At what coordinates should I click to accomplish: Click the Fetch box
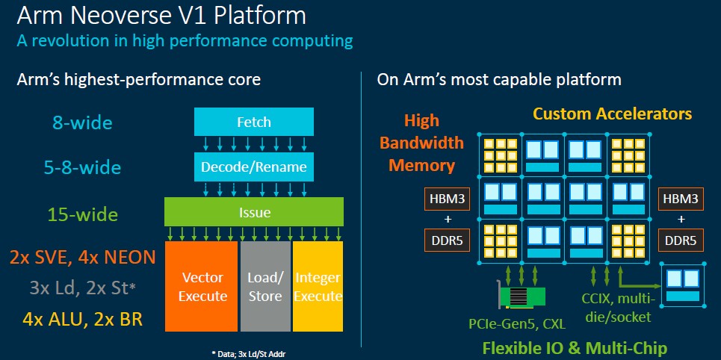pyautogui.click(x=254, y=122)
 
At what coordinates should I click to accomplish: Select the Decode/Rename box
pyautogui.click(x=254, y=167)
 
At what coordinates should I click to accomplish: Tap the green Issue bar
pyautogui.click(x=254, y=212)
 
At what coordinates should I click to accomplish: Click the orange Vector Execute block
pyautogui.click(x=202, y=286)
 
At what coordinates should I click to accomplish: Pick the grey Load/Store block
pyautogui.click(x=265, y=286)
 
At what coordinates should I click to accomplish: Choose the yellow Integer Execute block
pyautogui.click(x=318, y=286)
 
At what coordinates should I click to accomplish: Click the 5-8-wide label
pyautogui.click(x=82, y=168)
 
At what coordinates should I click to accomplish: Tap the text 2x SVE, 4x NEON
pyautogui.click(x=82, y=258)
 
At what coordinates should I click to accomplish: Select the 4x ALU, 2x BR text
pyautogui.click(x=82, y=320)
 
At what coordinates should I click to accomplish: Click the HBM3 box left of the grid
pyautogui.click(x=447, y=199)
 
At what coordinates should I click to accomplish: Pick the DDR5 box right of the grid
pyautogui.click(x=681, y=240)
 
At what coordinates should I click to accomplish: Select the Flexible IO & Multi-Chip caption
pyautogui.click(x=575, y=348)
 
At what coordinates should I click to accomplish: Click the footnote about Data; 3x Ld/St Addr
pyautogui.click(x=252, y=354)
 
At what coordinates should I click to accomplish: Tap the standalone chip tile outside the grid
pyautogui.click(x=683, y=285)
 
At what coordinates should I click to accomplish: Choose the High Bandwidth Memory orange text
pyautogui.click(x=421, y=143)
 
